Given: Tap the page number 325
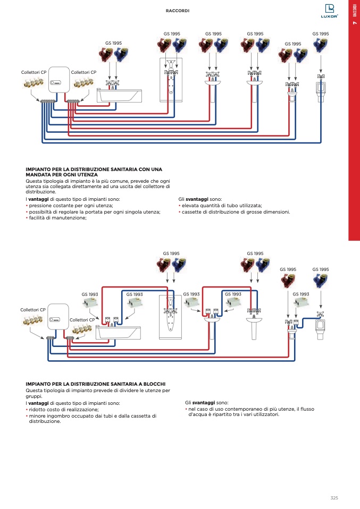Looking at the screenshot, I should coord(334,498).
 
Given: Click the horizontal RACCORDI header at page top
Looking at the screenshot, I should coord(178,11).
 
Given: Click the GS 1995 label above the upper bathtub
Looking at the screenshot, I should coord(113,43).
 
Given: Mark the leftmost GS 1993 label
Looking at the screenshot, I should coord(90,294).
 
